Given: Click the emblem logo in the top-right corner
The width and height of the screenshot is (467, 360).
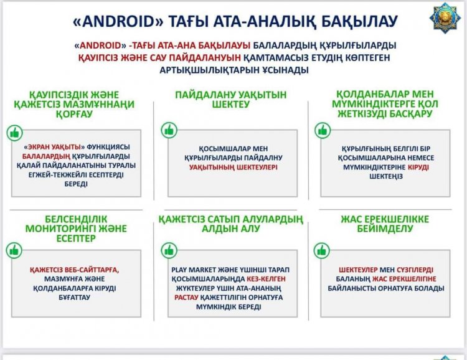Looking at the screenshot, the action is tap(445, 19).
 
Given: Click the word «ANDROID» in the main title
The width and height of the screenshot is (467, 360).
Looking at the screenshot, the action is tap(118, 21).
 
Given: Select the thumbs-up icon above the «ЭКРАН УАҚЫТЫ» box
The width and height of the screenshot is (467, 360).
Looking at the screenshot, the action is tap(14, 132).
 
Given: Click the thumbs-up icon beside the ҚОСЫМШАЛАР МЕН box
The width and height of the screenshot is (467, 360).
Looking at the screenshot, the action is tap(169, 130).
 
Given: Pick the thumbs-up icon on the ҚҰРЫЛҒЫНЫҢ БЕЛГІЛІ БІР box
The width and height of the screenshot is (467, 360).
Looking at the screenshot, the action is tap(323, 130).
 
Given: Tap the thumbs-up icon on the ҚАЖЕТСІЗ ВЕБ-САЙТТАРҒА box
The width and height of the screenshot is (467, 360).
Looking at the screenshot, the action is tap(14, 250).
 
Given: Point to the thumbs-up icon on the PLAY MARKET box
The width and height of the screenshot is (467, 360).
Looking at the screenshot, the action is tap(169, 250).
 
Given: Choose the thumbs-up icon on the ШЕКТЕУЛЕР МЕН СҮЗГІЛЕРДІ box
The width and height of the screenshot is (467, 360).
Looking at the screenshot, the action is tap(322, 250).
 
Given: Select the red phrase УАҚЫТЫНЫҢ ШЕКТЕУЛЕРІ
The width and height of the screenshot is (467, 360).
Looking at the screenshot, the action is tap(233, 167).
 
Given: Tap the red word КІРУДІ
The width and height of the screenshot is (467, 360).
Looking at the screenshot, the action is tap(418, 167).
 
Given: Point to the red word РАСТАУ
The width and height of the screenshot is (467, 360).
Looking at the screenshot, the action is tap(186, 298).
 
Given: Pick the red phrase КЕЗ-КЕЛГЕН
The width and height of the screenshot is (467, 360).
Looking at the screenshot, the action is tap(266, 279).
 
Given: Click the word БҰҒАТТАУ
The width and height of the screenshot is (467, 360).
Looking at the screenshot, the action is tap(76, 298).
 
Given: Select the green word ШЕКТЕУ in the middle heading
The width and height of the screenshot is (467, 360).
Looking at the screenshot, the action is tap(231, 104).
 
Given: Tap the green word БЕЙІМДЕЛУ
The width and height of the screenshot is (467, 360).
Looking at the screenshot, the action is tap(385, 229).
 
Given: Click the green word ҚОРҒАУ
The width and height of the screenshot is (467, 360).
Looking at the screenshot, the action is tap(75, 114).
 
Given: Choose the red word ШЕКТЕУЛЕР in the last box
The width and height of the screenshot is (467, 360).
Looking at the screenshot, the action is tap(358, 270).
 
